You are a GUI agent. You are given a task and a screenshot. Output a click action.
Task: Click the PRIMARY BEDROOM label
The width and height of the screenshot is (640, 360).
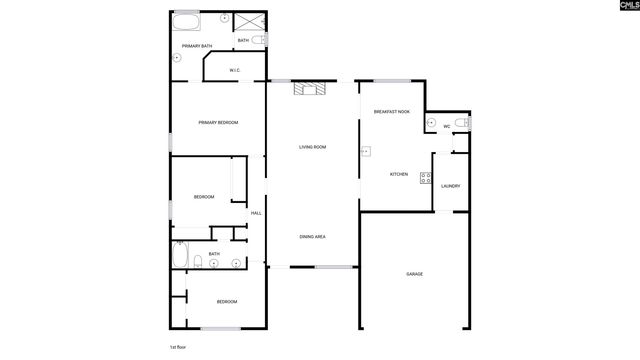click(x=218, y=122)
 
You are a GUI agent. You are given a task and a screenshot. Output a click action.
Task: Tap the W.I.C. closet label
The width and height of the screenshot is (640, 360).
click(x=234, y=70)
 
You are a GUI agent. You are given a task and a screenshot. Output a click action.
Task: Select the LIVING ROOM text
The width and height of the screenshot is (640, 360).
click(x=313, y=147)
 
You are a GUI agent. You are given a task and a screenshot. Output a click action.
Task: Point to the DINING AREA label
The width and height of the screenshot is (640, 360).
click(x=313, y=236)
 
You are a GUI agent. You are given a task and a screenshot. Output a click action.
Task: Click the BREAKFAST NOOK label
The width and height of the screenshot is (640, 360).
click(x=392, y=112)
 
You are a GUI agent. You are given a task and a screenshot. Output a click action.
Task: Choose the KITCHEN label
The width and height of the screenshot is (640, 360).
click(x=399, y=175)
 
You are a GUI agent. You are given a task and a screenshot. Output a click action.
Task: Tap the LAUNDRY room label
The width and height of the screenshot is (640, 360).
click(x=450, y=186)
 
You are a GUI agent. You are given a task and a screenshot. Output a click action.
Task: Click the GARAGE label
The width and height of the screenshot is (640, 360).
click(x=415, y=274)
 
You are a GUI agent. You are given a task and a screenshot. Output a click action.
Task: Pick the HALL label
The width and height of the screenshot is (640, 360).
click(x=256, y=213)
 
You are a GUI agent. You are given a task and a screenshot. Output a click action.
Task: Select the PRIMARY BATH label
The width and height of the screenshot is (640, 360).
click(x=196, y=46)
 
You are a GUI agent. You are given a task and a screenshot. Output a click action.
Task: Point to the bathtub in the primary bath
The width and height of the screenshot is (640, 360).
click(x=186, y=19)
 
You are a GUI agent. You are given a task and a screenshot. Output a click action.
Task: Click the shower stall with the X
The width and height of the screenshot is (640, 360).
click(x=248, y=21)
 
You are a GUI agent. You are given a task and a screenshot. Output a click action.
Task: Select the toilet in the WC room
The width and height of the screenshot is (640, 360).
click(x=461, y=123)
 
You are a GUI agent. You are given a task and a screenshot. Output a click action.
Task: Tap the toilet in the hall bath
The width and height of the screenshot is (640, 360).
click(x=198, y=264)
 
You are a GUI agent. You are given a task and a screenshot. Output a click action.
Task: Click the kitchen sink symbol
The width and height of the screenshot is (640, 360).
click(x=364, y=152)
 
